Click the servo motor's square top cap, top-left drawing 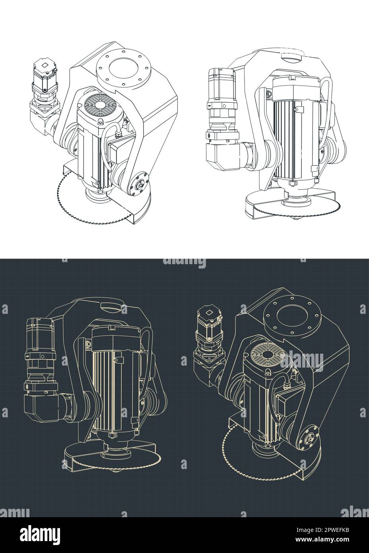[45, 65]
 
